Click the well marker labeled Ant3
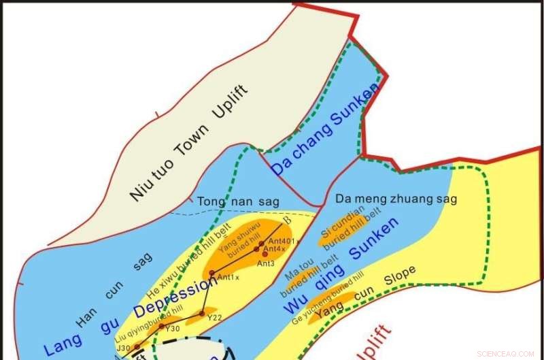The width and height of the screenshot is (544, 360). coord(265,254)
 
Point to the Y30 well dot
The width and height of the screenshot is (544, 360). coord(161,327)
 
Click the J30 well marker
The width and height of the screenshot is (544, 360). coord(137,346)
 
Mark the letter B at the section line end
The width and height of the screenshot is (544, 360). coord(287,220)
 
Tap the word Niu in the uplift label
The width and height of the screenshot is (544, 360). coord(139,190)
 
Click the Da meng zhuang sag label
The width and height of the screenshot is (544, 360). coord(396,199)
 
